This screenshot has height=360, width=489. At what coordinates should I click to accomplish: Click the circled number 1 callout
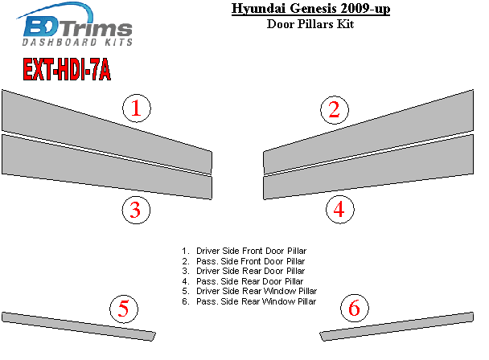point(137,108)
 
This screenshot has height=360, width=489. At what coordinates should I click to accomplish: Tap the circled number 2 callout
point(335,110)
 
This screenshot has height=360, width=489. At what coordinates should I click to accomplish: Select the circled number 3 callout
point(136,210)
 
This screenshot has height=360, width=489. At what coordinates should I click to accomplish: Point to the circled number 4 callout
point(340,209)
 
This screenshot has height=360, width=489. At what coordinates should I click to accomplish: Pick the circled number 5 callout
point(124,309)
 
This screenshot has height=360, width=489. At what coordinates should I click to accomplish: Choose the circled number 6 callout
point(355,308)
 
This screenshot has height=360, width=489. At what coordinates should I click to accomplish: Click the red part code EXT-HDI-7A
point(67,69)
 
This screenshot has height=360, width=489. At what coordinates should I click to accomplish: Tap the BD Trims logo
point(75,24)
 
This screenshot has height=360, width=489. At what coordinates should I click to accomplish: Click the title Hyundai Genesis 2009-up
point(310,8)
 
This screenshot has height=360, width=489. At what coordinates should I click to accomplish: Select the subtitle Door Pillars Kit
point(310,24)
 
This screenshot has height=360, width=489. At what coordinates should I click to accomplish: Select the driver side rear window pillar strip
point(79,326)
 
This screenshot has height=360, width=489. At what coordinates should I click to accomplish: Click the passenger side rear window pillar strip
point(397,326)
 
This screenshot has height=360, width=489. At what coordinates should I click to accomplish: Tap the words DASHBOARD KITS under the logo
point(77,42)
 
